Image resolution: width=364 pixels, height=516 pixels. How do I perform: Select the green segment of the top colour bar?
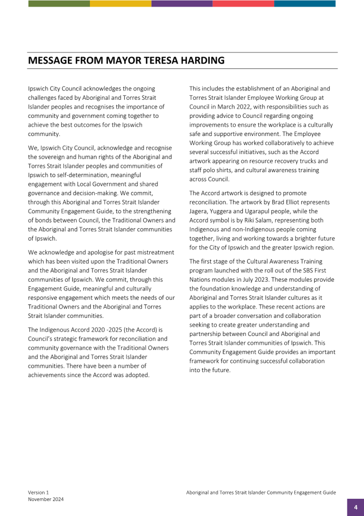point(59,3)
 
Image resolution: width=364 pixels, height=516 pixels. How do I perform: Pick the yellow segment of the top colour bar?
point(120,3)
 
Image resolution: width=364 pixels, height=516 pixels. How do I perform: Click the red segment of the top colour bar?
point(243,3)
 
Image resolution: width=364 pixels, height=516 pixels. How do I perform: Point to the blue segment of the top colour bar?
point(304,3)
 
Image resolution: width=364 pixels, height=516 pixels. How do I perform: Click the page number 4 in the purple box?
point(355,507)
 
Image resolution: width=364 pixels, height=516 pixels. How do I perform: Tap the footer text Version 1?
point(38,492)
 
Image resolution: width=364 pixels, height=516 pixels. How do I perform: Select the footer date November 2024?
point(46,499)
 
